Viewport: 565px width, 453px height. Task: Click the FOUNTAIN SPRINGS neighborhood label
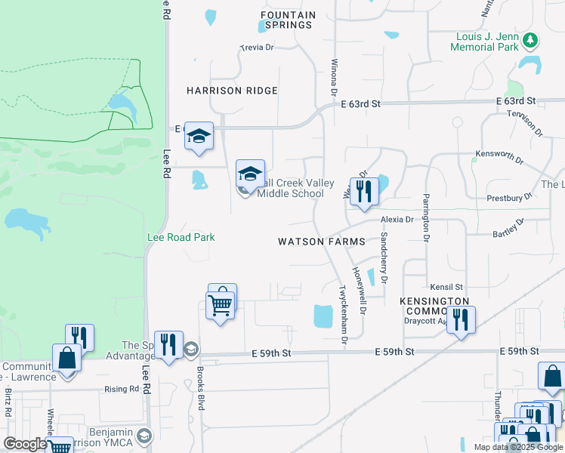tap(286, 20)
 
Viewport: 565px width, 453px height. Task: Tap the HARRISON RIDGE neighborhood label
tap(232, 91)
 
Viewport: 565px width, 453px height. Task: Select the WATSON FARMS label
tap(321, 242)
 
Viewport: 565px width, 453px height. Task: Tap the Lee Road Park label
tap(181, 237)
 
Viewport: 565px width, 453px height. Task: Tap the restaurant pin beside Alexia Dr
tap(364, 192)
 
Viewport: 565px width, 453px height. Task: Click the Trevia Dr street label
tap(256, 47)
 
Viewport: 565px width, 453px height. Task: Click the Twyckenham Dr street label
tap(343, 316)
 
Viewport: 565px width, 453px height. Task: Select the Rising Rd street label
tap(124, 390)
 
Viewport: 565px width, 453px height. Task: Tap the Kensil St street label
tap(446, 287)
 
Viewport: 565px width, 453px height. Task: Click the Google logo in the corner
tap(24, 444)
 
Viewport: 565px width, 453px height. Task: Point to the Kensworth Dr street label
tap(499, 156)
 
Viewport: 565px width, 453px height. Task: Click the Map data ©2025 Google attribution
tap(517, 447)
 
